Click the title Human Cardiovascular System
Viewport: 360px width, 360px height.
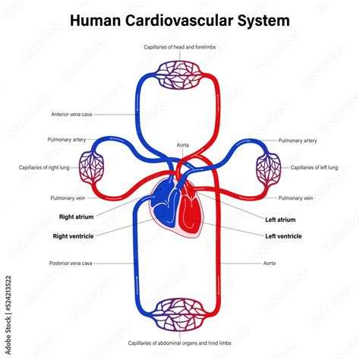[x=179, y=20]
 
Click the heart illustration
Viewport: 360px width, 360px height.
[x=178, y=209]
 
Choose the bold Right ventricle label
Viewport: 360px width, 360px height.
[x=74, y=235]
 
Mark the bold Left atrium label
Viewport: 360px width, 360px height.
[x=280, y=219]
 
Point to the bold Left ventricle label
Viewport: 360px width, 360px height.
[x=283, y=236]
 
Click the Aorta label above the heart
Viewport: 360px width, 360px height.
[x=183, y=144]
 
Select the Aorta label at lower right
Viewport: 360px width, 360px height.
[x=270, y=264]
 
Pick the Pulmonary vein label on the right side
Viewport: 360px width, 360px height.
[x=295, y=197]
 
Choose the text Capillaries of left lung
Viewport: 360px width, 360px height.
[x=312, y=167]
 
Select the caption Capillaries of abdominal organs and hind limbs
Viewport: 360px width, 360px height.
[x=180, y=343]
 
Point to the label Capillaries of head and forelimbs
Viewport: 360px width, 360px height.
[x=180, y=47]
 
